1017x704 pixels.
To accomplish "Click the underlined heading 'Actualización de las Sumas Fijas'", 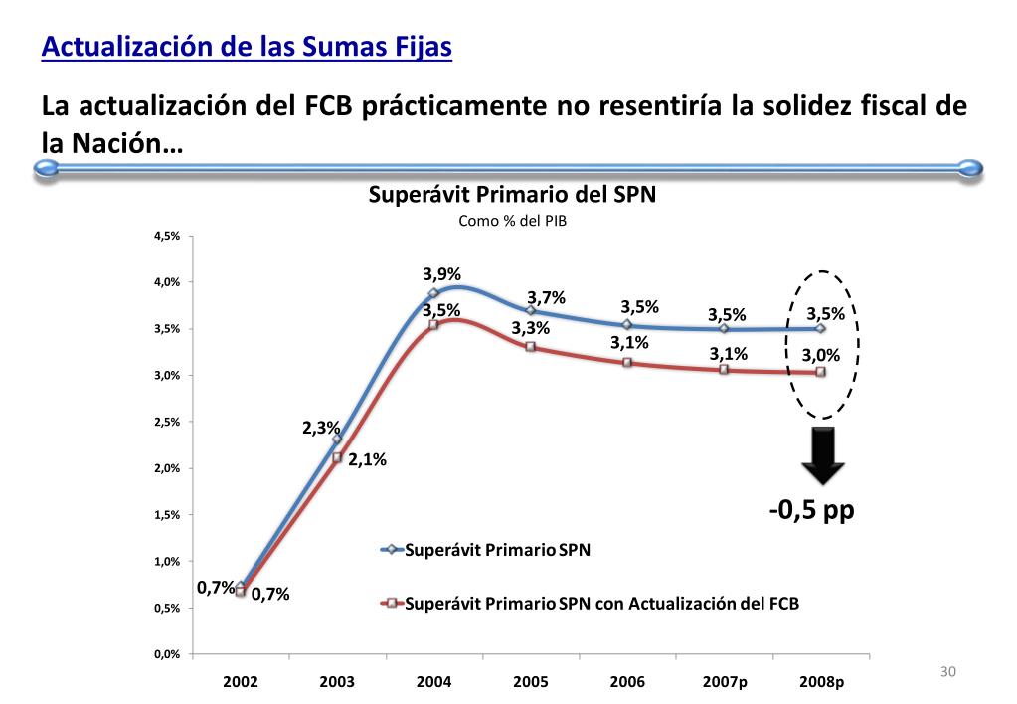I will point(247,47).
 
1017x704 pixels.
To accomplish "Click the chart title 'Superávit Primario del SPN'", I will point(512,195).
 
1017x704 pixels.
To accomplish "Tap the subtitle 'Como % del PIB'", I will point(512,221).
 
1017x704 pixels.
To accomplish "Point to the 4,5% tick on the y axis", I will point(166,236).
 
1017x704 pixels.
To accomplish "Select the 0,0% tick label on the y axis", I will point(166,654).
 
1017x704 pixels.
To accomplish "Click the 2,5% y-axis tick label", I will point(166,422).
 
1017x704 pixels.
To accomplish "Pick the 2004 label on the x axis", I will point(434,682).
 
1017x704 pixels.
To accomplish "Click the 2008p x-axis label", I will point(821,682).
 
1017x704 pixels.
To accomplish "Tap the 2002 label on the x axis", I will point(241,682).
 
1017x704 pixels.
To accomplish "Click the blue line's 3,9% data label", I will point(442,275).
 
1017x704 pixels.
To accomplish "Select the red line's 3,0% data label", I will point(821,354).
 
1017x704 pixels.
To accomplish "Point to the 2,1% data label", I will point(367,459).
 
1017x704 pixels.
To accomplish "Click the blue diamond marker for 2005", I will point(531,311).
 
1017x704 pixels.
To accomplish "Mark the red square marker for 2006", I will point(627,362).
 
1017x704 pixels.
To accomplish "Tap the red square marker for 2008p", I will point(821,372).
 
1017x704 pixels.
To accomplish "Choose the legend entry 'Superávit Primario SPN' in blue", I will point(497,549).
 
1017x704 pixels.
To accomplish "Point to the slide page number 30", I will point(947,673).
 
